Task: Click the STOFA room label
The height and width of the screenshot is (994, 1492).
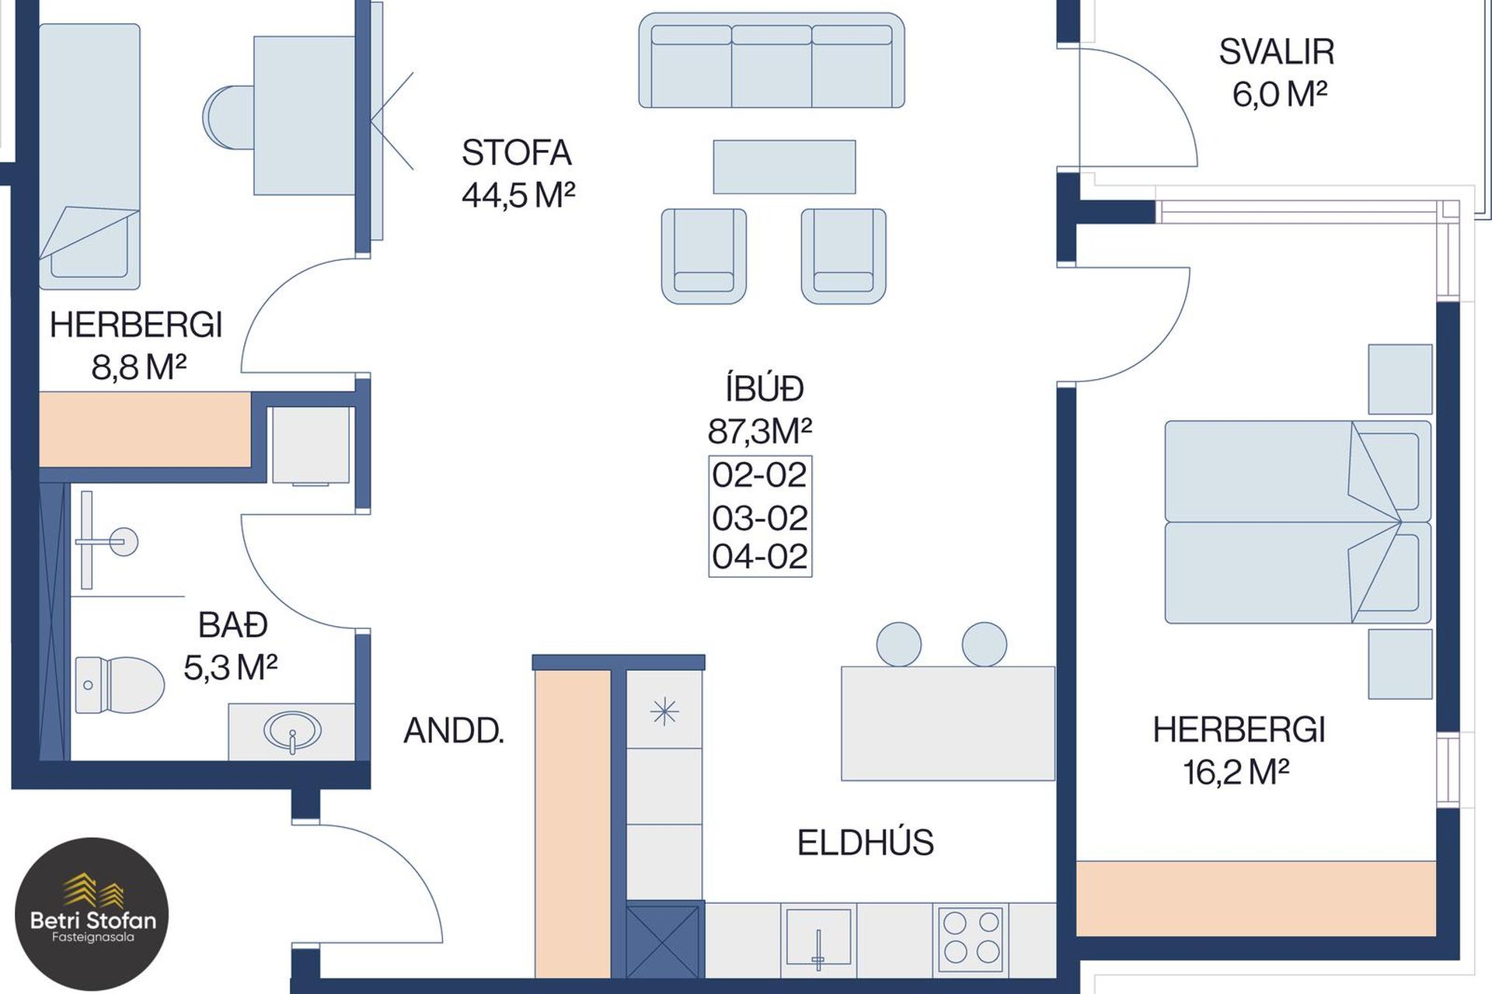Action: pyautogui.click(x=517, y=153)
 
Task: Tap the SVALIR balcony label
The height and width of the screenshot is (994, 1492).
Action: pyautogui.click(x=1277, y=52)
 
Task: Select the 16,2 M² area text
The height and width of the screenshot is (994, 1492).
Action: pyautogui.click(x=1236, y=772)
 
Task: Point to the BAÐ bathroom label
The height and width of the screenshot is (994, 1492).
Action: pyautogui.click(x=233, y=625)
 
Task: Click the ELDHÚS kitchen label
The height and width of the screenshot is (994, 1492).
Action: pyautogui.click(x=866, y=843)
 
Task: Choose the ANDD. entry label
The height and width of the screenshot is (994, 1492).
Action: pyautogui.click(x=454, y=731)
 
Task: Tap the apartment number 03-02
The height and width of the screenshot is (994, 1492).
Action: pyautogui.click(x=760, y=518)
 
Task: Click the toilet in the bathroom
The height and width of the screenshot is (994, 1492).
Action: pyautogui.click(x=120, y=685)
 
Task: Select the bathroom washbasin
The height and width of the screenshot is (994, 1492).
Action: pyautogui.click(x=292, y=731)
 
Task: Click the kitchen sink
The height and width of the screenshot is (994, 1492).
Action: pyautogui.click(x=818, y=939)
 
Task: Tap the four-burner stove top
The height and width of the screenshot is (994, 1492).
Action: pyautogui.click(x=971, y=938)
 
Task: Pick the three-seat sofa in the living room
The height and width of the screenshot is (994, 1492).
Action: pyautogui.click(x=772, y=60)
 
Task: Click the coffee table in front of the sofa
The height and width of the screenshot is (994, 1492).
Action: pyautogui.click(x=784, y=167)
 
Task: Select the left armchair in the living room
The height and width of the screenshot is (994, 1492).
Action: pyautogui.click(x=704, y=255)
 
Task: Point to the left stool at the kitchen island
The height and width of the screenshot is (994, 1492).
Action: pyautogui.click(x=899, y=644)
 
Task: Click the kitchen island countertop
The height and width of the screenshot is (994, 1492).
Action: pyautogui.click(x=948, y=723)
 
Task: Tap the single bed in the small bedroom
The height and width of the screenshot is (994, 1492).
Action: pyautogui.click(x=89, y=156)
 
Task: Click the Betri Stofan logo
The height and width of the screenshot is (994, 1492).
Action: pyautogui.click(x=92, y=914)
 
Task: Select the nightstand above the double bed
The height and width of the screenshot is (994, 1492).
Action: pyautogui.click(x=1400, y=379)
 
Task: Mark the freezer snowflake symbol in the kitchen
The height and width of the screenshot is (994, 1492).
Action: pyautogui.click(x=664, y=711)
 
